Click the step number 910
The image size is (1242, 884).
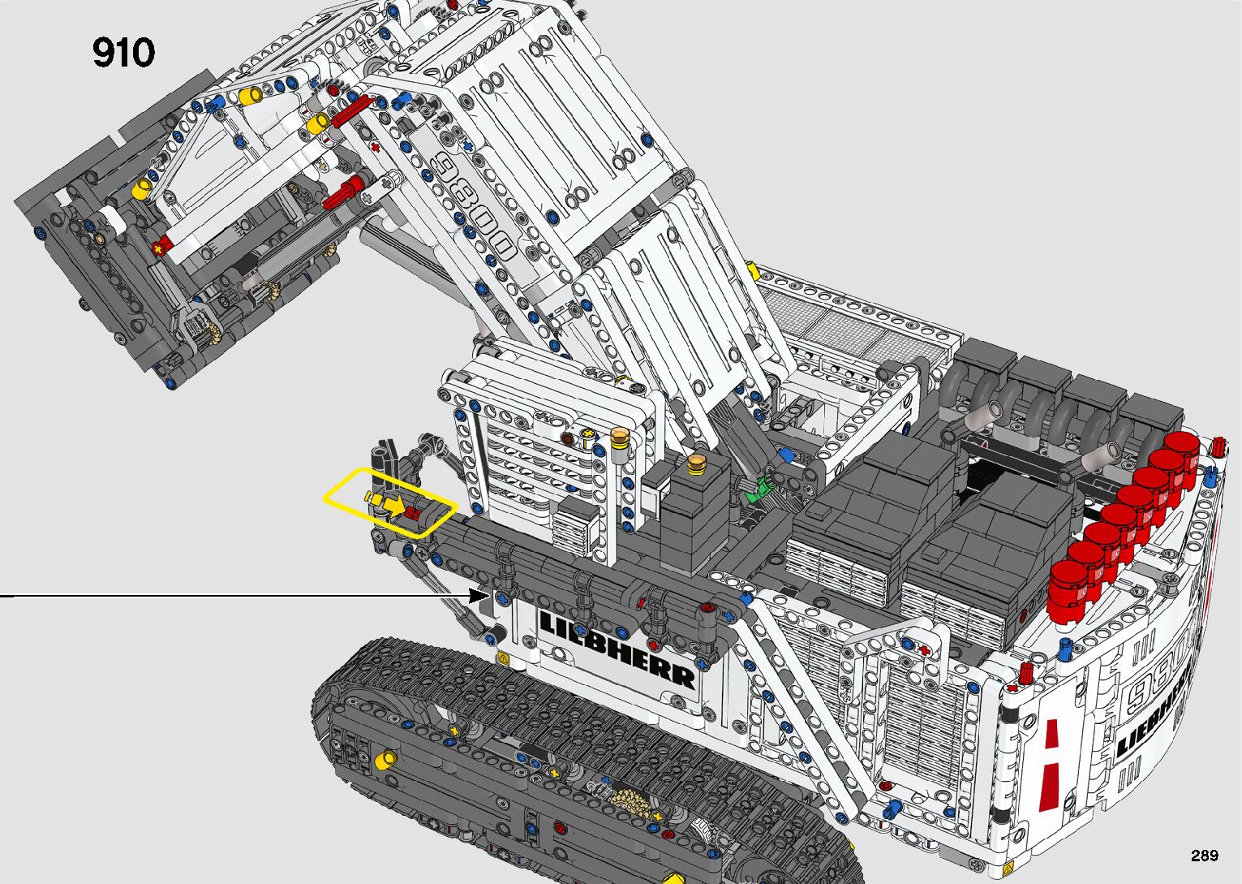[x=123, y=53]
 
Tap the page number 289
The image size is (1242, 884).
[x=1204, y=855]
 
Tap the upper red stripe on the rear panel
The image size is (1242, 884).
[x=1054, y=735]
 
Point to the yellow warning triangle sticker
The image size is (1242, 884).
[x=502, y=658]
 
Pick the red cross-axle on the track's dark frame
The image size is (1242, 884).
[x=560, y=827]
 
